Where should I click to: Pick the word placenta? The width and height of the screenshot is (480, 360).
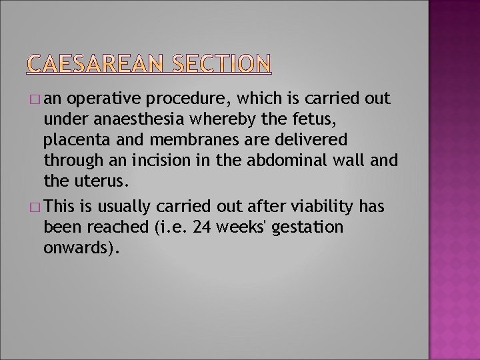73,141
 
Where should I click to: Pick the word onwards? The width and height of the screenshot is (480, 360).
79,248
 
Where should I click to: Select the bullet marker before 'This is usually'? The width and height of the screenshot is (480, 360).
35,207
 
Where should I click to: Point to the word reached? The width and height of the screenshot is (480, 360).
117,227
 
